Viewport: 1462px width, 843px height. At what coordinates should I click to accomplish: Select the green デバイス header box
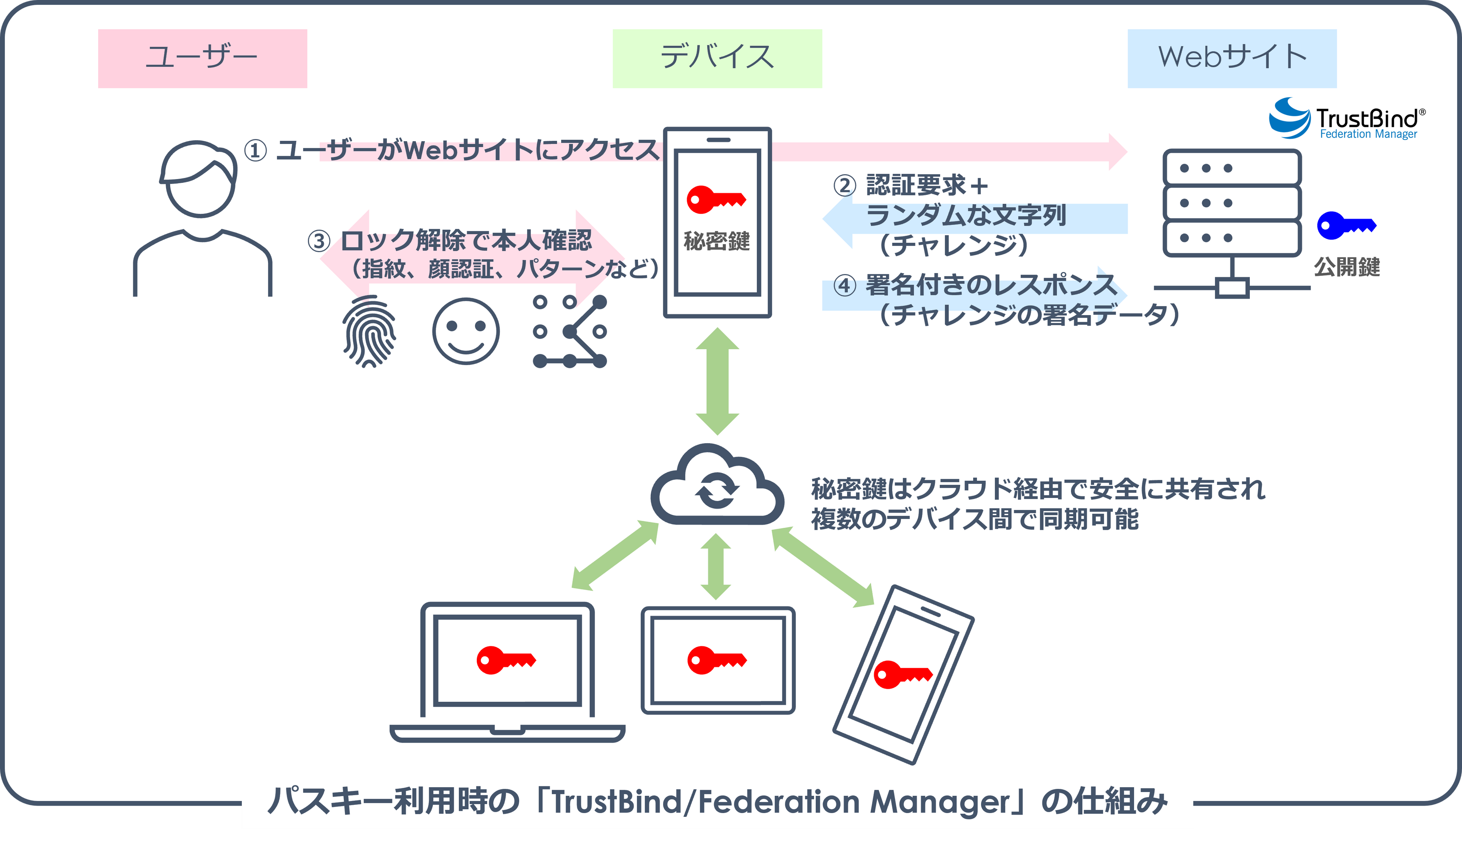click(717, 58)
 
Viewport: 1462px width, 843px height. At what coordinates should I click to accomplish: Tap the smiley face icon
click(466, 331)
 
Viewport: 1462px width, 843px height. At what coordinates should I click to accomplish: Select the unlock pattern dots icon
click(569, 332)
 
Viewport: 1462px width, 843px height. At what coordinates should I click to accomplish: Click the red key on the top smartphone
click(716, 200)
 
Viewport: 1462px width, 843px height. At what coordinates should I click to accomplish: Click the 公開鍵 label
click(1347, 267)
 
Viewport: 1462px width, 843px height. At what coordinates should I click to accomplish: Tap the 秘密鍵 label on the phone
click(717, 241)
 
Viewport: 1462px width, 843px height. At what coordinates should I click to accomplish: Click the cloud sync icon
click(717, 486)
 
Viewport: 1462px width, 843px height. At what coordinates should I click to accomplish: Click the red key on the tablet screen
click(716, 660)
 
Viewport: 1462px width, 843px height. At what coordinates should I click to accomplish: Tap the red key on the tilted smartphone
click(902, 674)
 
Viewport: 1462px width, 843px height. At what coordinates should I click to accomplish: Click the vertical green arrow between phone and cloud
click(717, 381)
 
